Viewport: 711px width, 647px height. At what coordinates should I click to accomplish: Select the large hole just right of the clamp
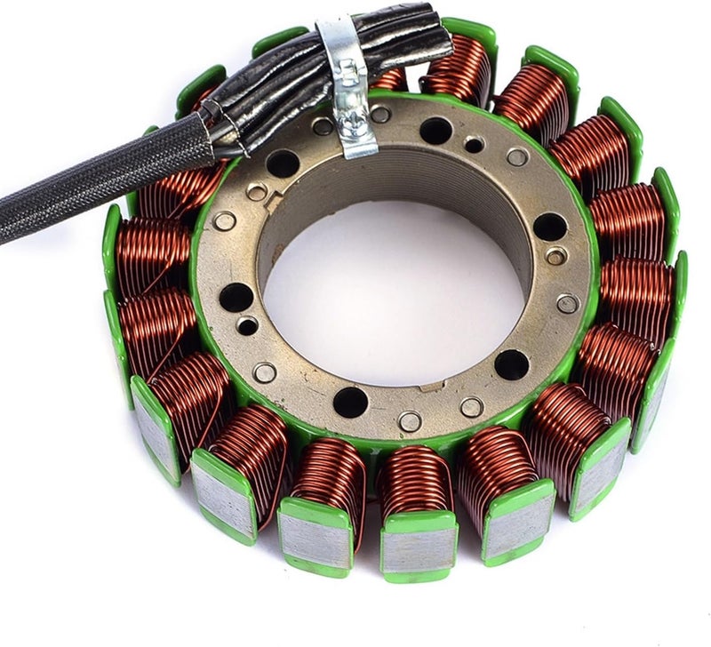tap(435, 131)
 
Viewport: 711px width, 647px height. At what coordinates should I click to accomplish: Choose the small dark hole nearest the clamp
tap(474, 144)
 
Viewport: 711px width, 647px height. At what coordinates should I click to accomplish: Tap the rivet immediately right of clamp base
tap(380, 114)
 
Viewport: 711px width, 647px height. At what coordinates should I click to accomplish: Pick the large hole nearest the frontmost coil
tap(350, 402)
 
